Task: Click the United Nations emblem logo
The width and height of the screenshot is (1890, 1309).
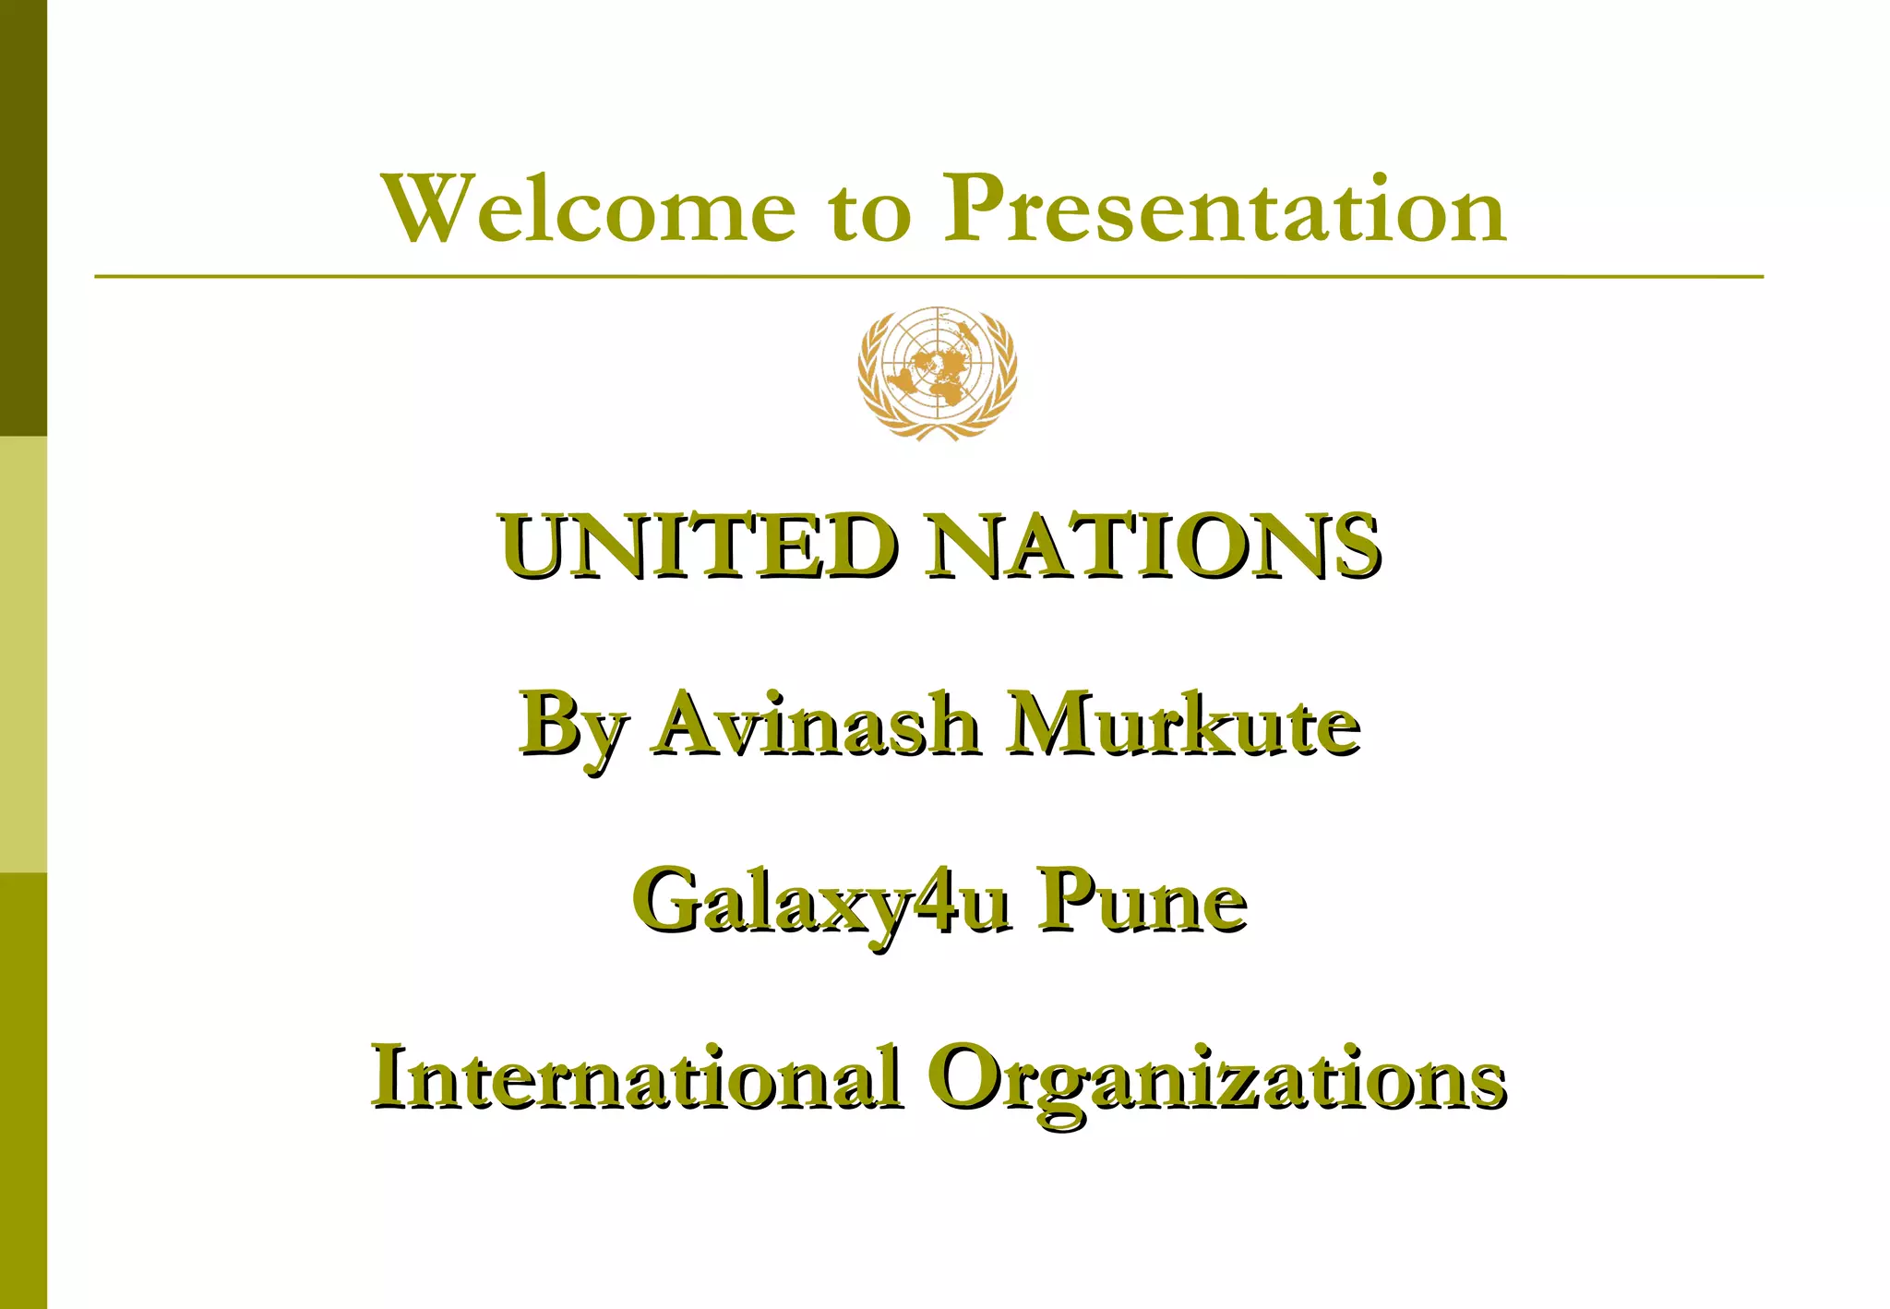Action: click(937, 373)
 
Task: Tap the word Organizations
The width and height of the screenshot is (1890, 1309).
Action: click(1216, 1080)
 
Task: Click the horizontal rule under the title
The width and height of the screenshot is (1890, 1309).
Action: click(928, 276)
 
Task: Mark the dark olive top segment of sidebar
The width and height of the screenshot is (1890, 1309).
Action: click(23, 218)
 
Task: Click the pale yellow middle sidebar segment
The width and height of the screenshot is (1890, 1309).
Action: click(23, 654)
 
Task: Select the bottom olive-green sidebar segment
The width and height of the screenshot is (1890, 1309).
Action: click(23, 1089)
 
